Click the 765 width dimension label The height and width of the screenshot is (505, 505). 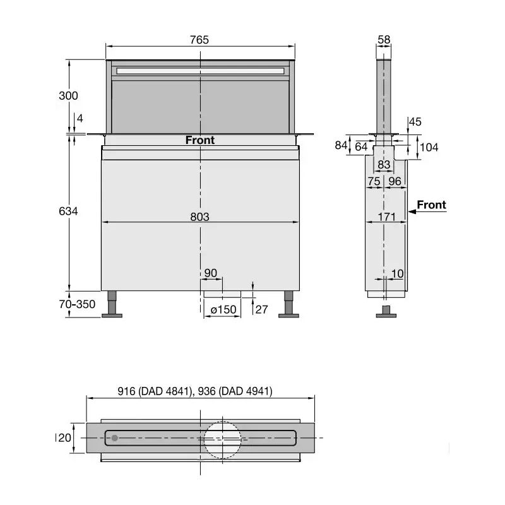(x=199, y=40)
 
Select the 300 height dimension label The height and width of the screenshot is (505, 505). (x=68, y=96)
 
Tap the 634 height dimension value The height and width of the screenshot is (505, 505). (x=68, y=211)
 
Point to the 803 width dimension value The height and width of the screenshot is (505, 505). (x=199, y=217)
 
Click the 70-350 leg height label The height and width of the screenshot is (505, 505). (x=77, y=304)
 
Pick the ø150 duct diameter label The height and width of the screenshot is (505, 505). (x=223, y=309)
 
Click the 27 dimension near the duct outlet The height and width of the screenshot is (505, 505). (x=261, y=309)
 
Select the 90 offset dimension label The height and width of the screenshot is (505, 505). (x=211, y=273)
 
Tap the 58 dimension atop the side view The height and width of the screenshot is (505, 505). (x=384, y=40)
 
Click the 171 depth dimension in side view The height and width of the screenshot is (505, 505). (x=386, y=217)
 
